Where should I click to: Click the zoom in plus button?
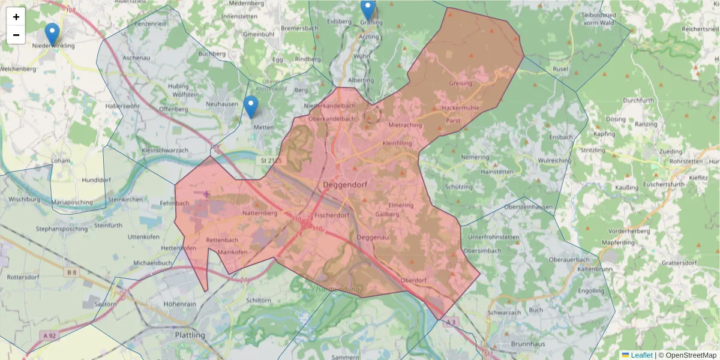(x=16, y=17)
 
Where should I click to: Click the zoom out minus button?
(x=16, y=35)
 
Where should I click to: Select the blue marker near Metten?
(x=251, y=107)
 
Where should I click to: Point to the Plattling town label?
(x=190, y=335)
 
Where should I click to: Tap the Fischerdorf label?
(x=332, y=215)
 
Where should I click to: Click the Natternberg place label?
(x=260, y=213)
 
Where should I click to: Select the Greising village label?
(x=460, y=83)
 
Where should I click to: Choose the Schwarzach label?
(x=504, y=313)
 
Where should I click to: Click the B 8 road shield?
(x=72, y=272)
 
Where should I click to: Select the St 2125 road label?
(x=271, y=161)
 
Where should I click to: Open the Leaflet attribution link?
(x=641, y=355)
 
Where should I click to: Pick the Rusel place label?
(x=560, y=69)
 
